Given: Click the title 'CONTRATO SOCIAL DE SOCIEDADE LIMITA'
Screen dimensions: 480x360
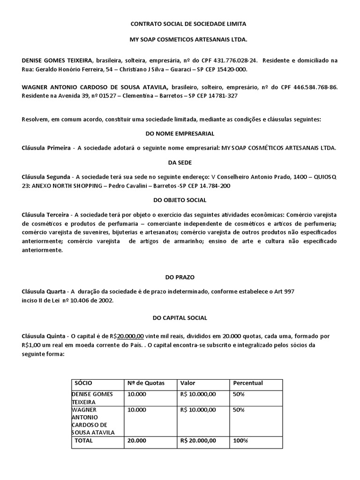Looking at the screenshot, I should [180, 23].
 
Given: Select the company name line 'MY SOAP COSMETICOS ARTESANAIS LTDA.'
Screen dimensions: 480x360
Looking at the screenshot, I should [180, 40].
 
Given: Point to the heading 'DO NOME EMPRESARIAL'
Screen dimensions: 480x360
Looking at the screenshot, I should [180, 134].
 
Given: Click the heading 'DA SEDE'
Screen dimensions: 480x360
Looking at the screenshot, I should [180, 162].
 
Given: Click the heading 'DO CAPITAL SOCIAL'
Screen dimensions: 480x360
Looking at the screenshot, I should [180, 318].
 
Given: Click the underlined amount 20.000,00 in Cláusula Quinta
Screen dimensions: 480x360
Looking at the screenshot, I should [130, 336].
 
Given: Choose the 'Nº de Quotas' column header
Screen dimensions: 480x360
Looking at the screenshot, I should [146, 383].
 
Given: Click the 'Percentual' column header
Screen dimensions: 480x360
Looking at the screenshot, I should [248, 383].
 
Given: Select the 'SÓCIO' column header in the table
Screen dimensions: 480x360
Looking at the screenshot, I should [83, 383].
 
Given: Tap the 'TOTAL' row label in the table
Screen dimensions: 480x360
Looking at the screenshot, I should [84, 441].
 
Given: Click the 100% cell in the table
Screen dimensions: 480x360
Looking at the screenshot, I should [240, 441].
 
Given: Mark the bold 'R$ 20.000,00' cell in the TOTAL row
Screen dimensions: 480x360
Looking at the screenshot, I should [198, 441].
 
